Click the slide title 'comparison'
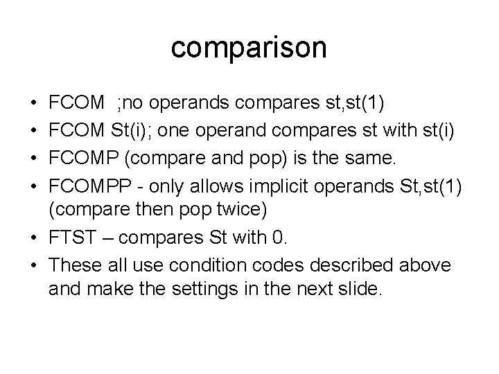coord(249,48)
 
